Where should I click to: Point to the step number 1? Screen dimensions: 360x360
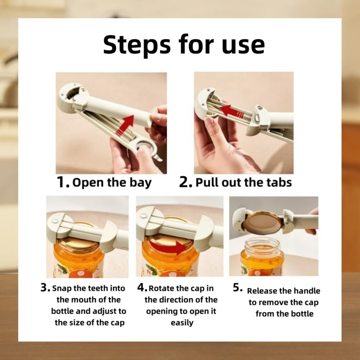pos(63,182)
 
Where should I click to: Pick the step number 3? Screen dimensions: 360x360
pos(45,288)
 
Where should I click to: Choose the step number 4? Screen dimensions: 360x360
pos(142,288)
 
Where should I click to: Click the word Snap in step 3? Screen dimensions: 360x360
pos(62,288)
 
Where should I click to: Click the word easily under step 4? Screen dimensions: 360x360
pos(182,323)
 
